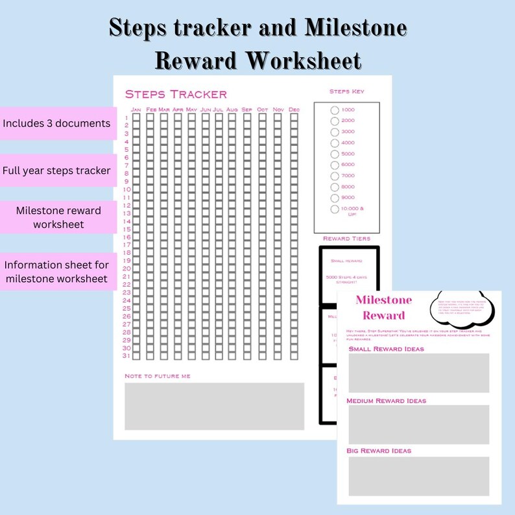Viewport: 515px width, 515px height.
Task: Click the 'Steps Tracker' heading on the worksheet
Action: click(176, 95)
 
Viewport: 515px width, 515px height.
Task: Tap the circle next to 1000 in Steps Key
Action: click(335, 110)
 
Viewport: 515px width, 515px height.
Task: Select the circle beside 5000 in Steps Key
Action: click(335, 154)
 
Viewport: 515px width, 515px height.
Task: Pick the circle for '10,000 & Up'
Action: click(335, 209)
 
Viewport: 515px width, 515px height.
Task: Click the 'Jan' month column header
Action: click(136, 109)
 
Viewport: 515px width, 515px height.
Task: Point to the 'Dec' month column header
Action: click(294, 109)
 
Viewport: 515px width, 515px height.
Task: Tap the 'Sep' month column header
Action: click(246, 109)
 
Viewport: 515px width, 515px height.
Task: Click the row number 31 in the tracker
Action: click(126, 355)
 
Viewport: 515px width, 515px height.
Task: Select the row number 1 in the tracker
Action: click(127, 117)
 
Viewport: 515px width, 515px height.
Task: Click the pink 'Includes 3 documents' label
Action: click(56, 123)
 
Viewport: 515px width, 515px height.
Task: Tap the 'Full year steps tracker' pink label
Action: click(56, 171)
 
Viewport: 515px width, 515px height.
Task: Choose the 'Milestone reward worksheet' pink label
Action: click(58, 217)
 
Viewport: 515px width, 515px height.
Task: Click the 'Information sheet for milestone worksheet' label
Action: click(56, 272)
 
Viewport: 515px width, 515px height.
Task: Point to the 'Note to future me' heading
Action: click(158, 376)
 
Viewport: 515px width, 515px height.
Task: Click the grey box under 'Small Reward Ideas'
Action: click(418, 373)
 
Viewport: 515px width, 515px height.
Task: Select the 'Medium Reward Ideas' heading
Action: click(387, 401)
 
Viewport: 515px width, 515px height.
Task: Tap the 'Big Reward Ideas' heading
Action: click(379, 451)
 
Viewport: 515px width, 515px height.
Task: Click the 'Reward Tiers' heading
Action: click(347, 239)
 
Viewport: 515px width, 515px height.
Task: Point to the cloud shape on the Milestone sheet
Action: click(462, 306)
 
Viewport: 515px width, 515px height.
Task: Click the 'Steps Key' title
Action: click(347, 91)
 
